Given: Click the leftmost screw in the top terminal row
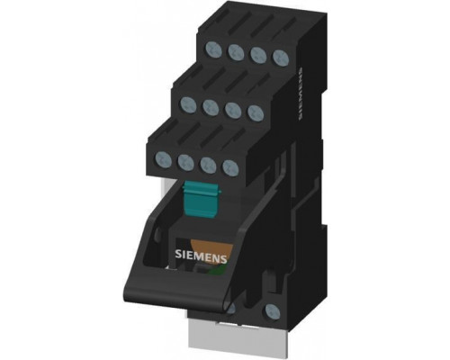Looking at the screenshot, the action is coord(214,49).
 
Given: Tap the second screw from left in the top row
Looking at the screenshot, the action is coord(236,52).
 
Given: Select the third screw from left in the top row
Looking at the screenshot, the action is coord(258,55).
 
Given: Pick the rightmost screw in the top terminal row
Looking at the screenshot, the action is coord(281,58).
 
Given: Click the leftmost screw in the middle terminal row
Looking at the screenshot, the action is coord(188,104).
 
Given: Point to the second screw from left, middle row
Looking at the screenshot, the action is coord(211,107).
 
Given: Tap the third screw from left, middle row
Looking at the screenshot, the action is coord(233,110).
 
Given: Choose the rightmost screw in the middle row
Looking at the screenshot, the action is coord(256,112).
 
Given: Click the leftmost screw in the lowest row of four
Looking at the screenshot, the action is coord(164,159).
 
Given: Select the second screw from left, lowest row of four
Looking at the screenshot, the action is coord(186,162).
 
